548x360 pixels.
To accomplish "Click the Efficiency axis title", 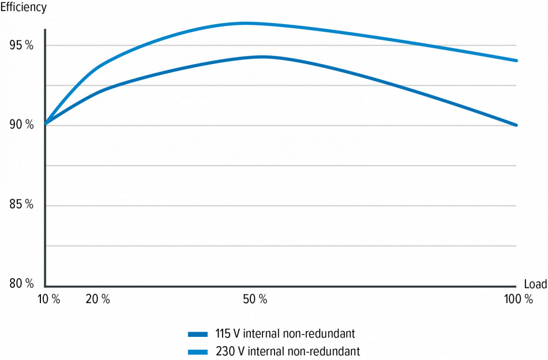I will pyautogui.click(x=24, y=8).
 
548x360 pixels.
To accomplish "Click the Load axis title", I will pyautogui.click(x=535, y=284).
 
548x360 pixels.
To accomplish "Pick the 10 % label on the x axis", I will pyautogui.click(x=48, y=299).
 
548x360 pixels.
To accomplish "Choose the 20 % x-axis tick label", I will pyautogui.click(x=97, y=299).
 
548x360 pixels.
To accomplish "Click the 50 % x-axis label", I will pyautogui.click(x=255, y=299).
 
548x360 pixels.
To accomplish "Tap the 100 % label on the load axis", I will pyautogui.click(x=518, y=299).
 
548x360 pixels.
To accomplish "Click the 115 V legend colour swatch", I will pyautogui.click(x=198, y=333).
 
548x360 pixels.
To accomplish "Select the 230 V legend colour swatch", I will pyautogui.click(x=198, y=351).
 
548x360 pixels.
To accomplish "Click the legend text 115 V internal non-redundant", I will pyautogui.click(x=285, y=333).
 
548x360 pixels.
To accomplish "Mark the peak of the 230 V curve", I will pyautogui.click(x=245, y=23).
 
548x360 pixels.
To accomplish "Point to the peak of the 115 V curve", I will pyautogui.click(x=262, y=57).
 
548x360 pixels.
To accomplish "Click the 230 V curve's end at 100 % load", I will pyautogui.click(x=516, y=60).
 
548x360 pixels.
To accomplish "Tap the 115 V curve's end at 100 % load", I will pyautogui.click(x=516, y=125).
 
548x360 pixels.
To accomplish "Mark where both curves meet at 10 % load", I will pyautogui.click(x=46, y=123).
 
